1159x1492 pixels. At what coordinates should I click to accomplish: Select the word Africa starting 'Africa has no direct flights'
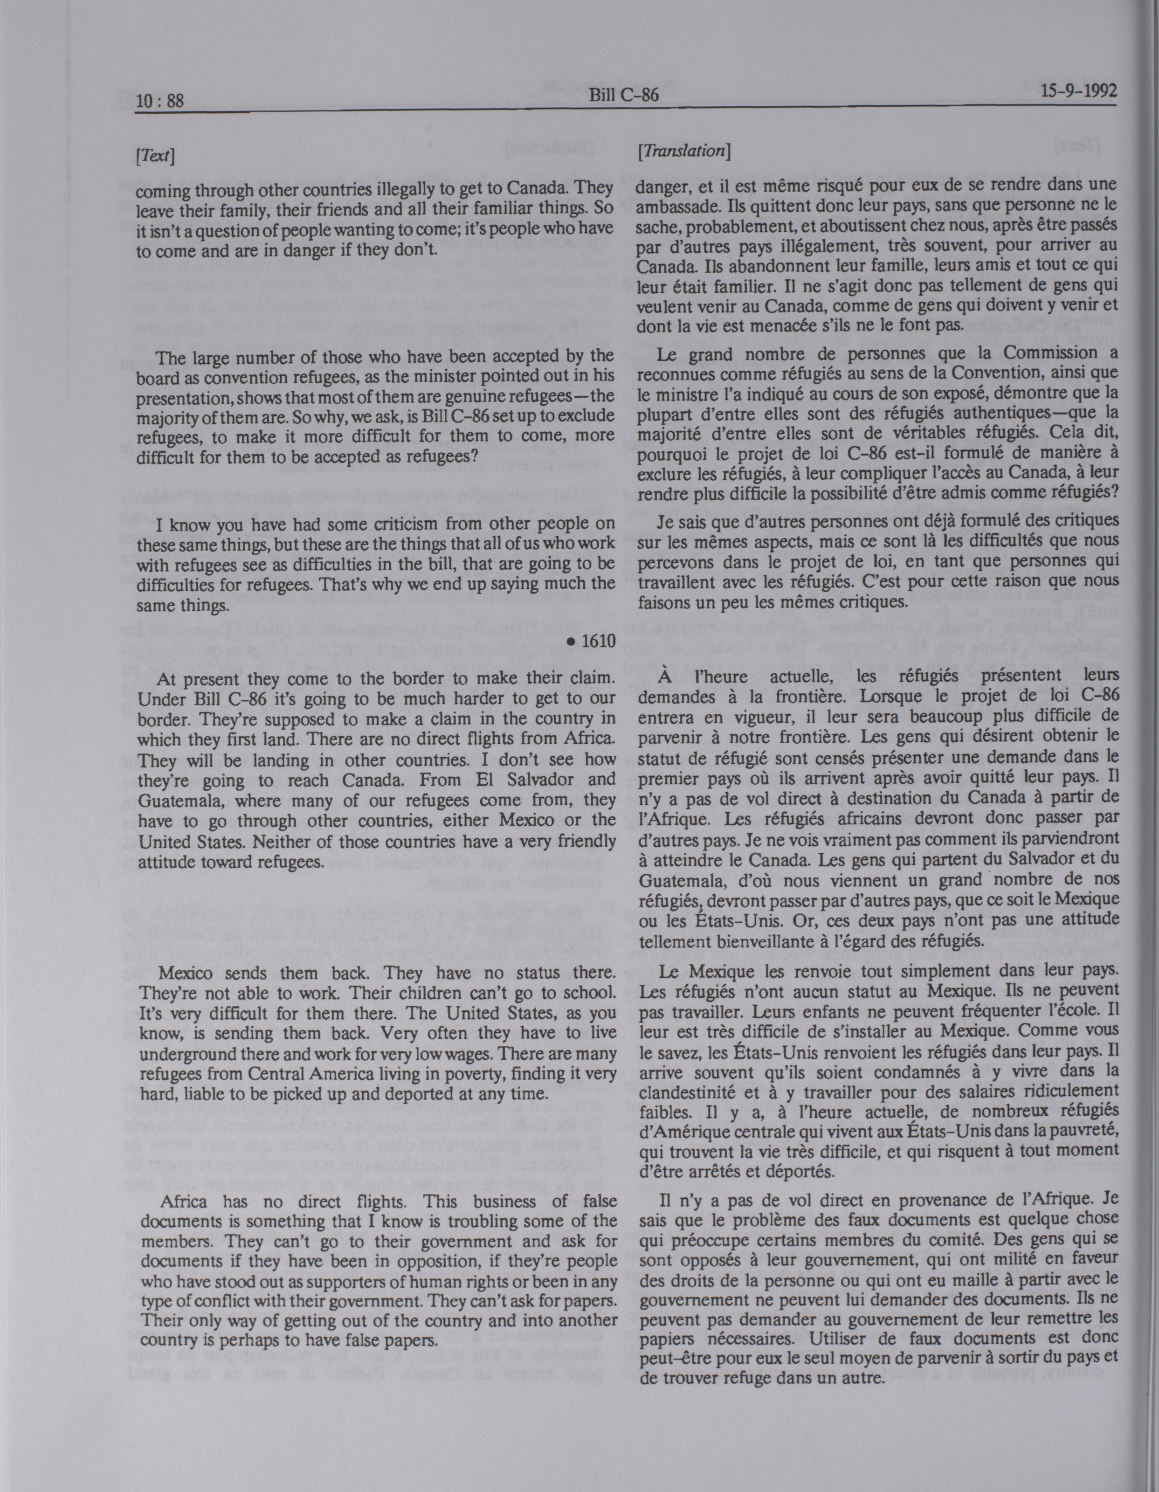tap(182, 1202)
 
